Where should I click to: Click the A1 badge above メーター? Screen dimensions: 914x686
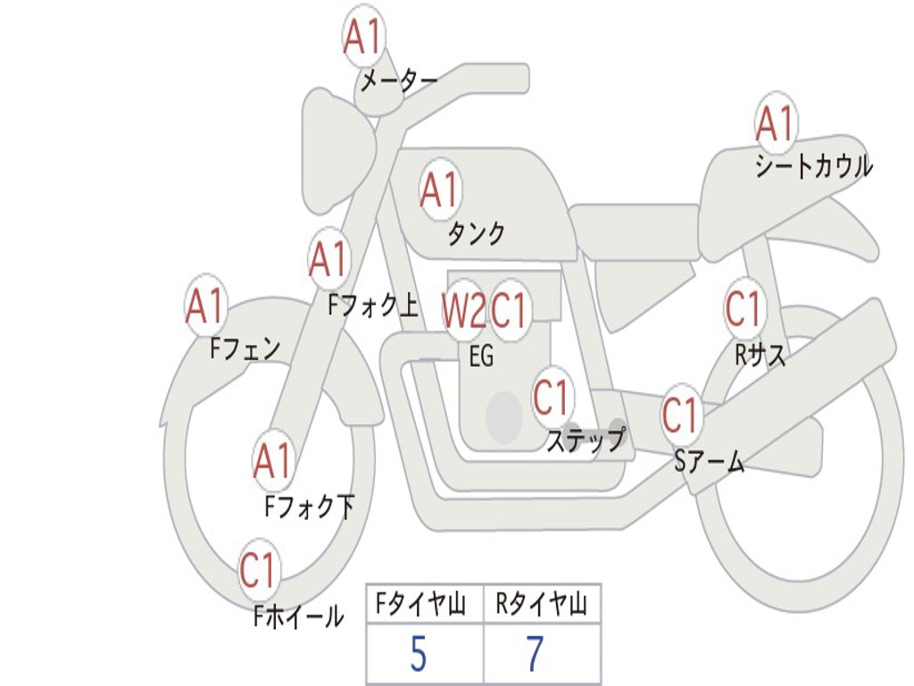(x=362, y=38)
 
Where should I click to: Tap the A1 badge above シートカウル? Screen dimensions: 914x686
(x=775, y=123)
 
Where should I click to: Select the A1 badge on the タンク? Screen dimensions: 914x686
(x=439, y=189)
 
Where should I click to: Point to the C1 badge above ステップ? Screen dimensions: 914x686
(x=551, y=397)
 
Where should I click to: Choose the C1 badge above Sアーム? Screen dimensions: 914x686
(x=680, y=414)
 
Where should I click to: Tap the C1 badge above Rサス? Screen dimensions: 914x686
(x=744, y=309)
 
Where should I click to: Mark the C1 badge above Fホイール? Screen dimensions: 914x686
(x=259, y=570)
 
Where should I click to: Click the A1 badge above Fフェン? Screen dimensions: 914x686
(x=205, y=306)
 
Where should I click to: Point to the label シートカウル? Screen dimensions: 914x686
(x=813, y=166)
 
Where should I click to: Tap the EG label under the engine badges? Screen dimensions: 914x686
(x=481, y=356)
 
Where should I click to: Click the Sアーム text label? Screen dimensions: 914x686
(x=710, y=461)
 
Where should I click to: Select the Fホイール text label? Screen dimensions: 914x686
(x=298, y=615)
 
